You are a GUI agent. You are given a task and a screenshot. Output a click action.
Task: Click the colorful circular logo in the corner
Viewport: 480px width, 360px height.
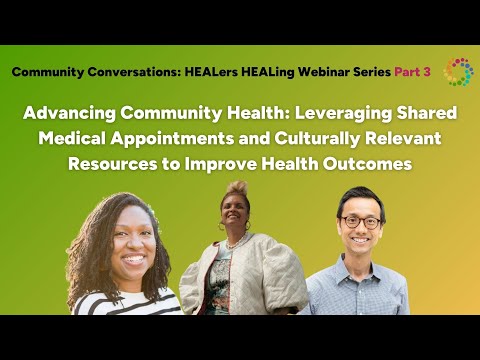coord(459,72)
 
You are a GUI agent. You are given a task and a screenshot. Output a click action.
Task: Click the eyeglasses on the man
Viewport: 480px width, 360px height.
coord(359,222)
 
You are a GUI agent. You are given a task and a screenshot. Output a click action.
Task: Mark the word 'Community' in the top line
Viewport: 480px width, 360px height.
coord(49,72)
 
